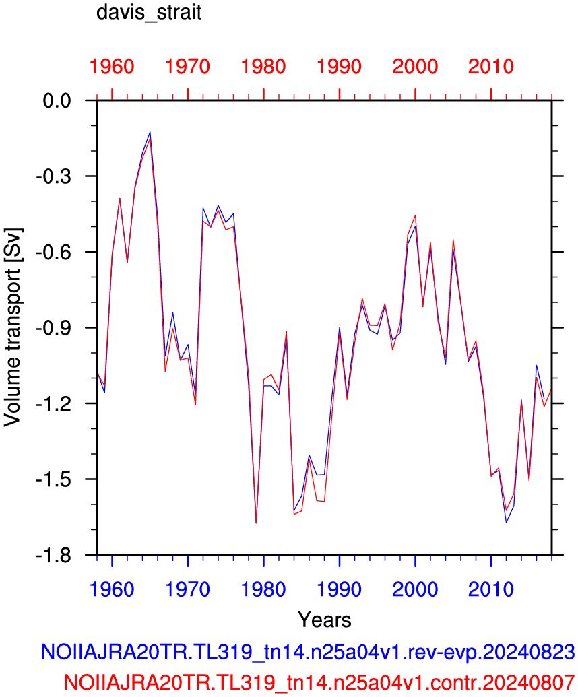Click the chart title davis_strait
149,12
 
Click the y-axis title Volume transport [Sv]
12,327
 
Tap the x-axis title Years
325,619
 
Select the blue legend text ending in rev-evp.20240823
308,652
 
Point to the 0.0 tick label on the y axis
57,101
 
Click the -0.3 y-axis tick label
54,176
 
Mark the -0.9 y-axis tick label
54,328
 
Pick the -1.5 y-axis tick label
54,479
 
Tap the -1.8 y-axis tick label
54,555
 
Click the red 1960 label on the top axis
112,67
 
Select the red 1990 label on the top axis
340,67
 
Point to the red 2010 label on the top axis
491,67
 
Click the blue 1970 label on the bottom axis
188,589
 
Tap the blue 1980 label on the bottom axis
263,589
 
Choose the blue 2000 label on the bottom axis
415,589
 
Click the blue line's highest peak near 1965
150,132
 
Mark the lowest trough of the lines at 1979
256,523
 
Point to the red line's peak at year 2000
415,215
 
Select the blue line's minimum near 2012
507,522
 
